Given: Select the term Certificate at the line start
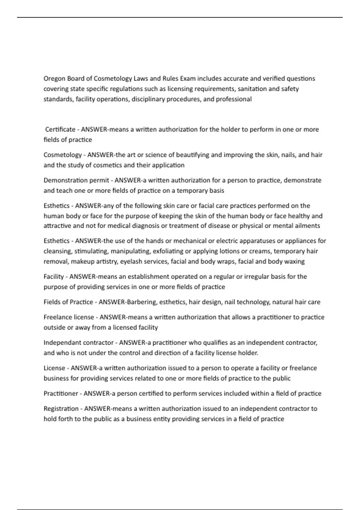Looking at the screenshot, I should coord(60,130).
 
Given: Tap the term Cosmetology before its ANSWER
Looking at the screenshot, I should coord(63,155).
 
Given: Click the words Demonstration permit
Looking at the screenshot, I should coord(76,180).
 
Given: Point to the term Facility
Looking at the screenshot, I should coord(54,277).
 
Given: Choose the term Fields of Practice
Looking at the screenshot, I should coord(68,302).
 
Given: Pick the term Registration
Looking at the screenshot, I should coord(61,409).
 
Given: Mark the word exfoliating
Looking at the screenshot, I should coord(169,251).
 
